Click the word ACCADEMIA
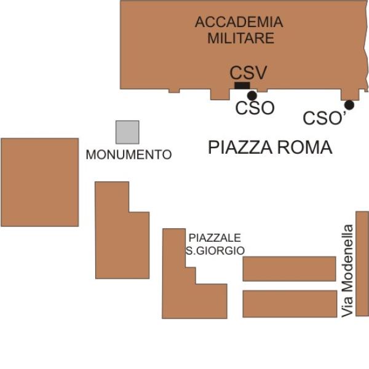(239, 22)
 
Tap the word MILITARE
(240, 38)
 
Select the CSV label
(248, 73)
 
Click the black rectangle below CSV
(242, 85)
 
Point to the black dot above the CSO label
(252, 95)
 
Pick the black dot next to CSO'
(349, 105)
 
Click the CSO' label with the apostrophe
(325, 117)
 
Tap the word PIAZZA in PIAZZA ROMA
(240, 148)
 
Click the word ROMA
(304, 148)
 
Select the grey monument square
(127, 132)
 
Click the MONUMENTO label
(129, 154)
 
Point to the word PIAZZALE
(215, 237)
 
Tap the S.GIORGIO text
(215, 251)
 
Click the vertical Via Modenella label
(347, 271)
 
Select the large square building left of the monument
(40, 183)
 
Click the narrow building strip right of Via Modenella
(362, 264)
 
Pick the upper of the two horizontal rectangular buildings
(289, 269)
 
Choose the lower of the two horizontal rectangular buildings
(290, 304)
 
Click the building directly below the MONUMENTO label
(122, 245)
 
